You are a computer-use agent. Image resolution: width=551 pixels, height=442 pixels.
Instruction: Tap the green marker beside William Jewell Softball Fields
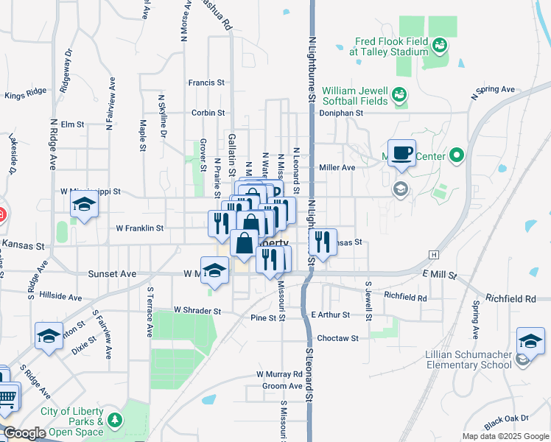point(399,94)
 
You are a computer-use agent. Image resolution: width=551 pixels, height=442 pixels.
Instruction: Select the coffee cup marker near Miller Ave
point(401,152)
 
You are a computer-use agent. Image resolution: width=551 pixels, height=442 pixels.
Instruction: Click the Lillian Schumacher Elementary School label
point(468,359)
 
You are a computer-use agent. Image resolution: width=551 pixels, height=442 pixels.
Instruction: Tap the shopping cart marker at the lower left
point(7,399)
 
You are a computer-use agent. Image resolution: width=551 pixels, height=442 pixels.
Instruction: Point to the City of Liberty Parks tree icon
point(114,421)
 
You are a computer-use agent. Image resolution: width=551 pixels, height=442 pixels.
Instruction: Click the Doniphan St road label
point(341,113)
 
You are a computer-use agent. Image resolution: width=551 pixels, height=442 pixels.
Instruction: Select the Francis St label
point(206,83)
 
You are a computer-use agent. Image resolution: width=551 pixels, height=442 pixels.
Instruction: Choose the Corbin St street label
point(208,113)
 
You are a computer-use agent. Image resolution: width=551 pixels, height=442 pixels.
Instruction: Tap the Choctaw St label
point(337,338)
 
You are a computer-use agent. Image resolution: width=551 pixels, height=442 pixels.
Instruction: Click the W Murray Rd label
point(280,375)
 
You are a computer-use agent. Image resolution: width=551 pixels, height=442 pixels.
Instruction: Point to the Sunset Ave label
point(112,274)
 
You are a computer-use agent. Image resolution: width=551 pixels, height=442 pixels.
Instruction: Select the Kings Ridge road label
point(25,94)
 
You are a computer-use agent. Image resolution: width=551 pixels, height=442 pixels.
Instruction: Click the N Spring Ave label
point(493,91)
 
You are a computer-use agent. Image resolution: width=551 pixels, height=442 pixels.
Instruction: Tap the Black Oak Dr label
point(502,421)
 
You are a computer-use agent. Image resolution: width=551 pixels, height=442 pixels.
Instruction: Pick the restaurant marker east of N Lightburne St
point(322,241)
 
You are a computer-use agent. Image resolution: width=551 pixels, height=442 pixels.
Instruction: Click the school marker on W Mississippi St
point(85,206)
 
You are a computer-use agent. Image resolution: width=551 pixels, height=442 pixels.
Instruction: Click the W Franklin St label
point(139,228)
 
